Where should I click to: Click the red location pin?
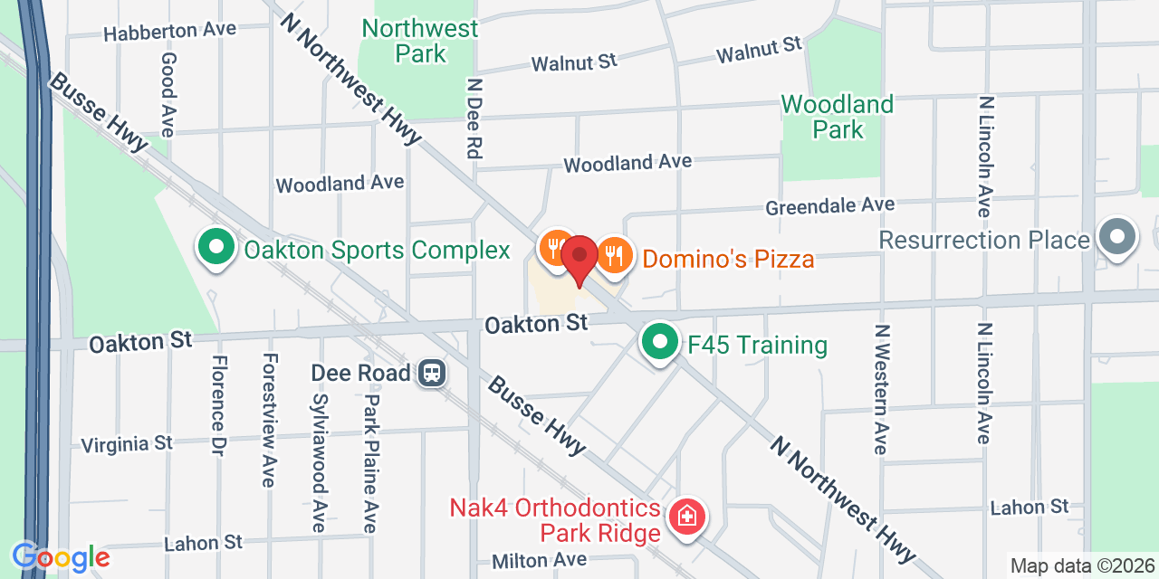coord(579,257)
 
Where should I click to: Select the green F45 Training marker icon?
coord(661,343)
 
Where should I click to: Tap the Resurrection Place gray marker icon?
coord(1117,237)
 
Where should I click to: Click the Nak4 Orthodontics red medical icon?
coord(687,517)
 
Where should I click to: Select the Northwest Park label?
coord(419,41)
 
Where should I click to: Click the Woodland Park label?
coord(838,117)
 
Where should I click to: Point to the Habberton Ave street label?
coord(169,31)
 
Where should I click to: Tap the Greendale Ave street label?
coord(829,206)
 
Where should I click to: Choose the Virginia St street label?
coord(127,444)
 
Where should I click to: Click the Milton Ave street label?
coord(540,561)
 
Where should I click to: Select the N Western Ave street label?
coord(881,388)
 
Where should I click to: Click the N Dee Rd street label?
coord(473,118)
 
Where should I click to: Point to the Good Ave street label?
coord(168,94)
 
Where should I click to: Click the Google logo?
coord(60,557)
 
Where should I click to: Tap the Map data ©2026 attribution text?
coord(1082,566)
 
